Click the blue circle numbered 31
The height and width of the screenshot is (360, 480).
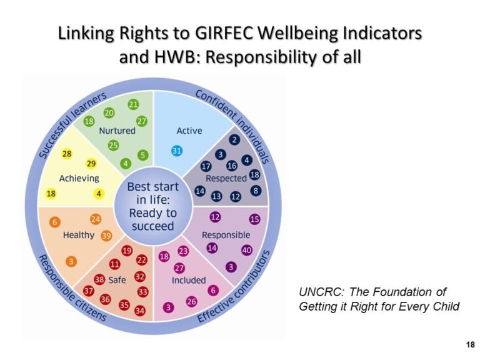(177, 151)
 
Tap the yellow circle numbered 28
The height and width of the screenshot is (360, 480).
(67, 153)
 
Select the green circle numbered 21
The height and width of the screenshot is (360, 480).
(133, 104)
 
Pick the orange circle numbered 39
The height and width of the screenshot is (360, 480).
(106, 236)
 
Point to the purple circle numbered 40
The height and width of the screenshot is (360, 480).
(247, 251)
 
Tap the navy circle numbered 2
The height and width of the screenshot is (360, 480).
(234, 139)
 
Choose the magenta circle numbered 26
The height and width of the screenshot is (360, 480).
(191, 301)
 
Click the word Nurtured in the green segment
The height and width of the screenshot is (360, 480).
(117, 131)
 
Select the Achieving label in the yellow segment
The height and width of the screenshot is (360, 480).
(79, 178)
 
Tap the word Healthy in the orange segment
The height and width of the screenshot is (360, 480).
(78, 235)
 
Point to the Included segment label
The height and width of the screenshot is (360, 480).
(189, 280)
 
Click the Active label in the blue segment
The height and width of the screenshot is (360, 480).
(189, 131)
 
